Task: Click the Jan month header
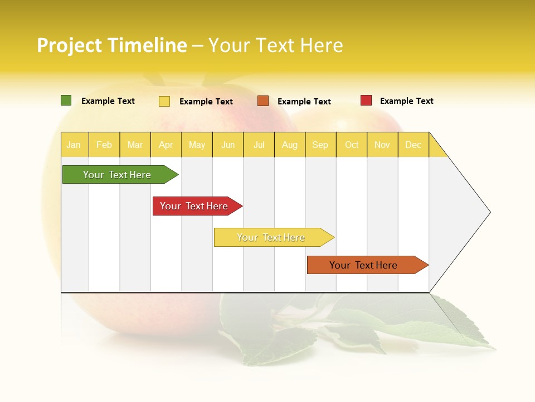[x=74, y=145]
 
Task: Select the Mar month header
[x=135, y=145]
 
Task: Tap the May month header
[x=197, y=145]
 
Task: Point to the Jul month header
[x=259, y=145]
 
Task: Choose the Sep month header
[x=320, y=145]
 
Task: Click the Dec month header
[x=413, y=145]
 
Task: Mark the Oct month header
[x=352, y=145]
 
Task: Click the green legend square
[x=66, y=100]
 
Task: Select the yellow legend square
[x=164, y=101]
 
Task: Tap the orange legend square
[x=263, y=101]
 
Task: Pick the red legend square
[x=366, y=100]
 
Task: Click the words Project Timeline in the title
[x=112, y=45]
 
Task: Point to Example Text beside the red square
[x=406, y=101]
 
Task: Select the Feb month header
[x=104, y=145]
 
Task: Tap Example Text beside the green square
[x=108, y=101]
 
